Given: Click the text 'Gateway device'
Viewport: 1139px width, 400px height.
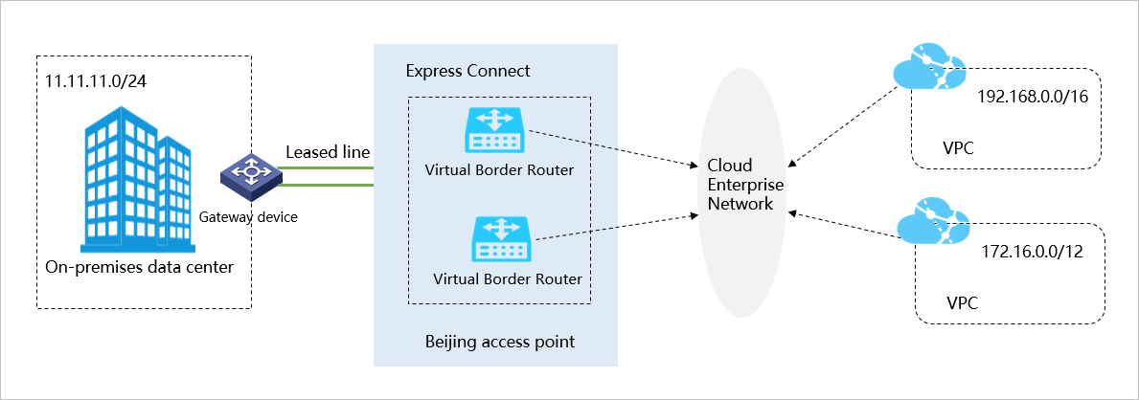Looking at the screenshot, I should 248,217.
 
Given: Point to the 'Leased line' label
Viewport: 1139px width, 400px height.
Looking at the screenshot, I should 328,152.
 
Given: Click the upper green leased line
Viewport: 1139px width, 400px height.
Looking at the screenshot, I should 326,167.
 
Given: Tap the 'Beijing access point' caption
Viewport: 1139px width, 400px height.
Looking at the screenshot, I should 499,341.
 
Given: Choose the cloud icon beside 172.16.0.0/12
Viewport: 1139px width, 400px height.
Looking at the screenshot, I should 931,222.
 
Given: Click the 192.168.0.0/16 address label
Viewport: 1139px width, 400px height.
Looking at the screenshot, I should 1026,97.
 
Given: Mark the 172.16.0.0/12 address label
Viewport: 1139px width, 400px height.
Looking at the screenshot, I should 1031,254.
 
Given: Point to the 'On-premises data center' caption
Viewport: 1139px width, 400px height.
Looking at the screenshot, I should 139,267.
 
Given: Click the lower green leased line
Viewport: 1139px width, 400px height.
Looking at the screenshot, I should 326,184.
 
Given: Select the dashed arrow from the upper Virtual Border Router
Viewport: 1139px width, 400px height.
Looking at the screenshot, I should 613,145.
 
